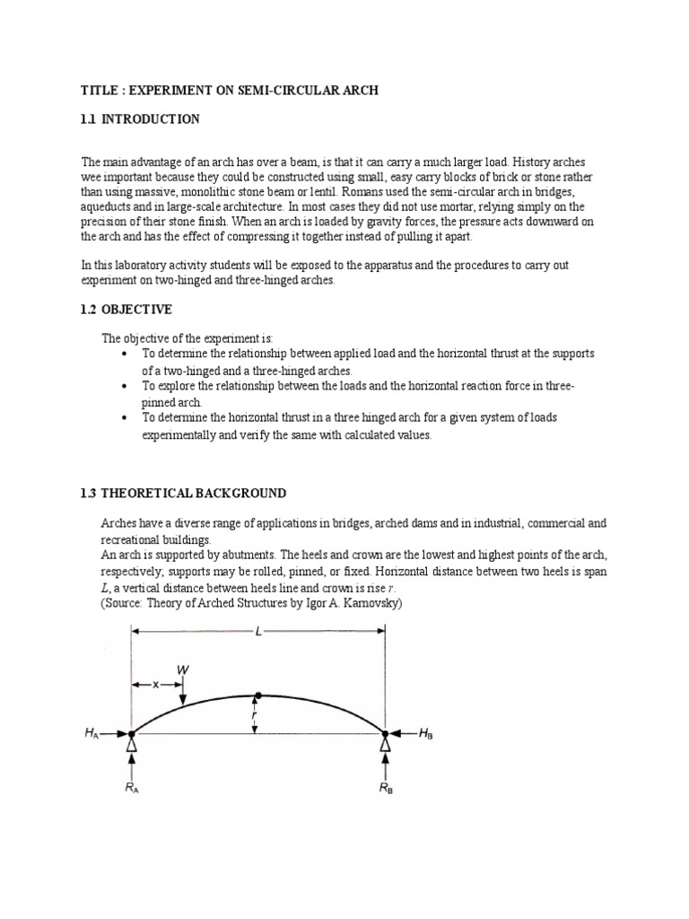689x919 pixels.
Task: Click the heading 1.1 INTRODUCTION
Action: pyautogui.click(x=140, y=119)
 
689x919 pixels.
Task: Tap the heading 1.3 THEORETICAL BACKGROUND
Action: pyautogui.click(x=183, y=494)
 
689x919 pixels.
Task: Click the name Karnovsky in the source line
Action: pyautogui.click(x=365, y=603)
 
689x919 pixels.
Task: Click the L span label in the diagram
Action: pyautogui.click(x=258, y=634)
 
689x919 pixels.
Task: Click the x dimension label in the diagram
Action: pyautogui.click(x=155, y=685)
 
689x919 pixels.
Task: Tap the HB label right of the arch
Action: pyautogui.click(x=427, y=733)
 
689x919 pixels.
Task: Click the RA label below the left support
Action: pyautogui.click(x=133, y=790)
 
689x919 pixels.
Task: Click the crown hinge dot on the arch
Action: pyautogui.click(x=258, y=696)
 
